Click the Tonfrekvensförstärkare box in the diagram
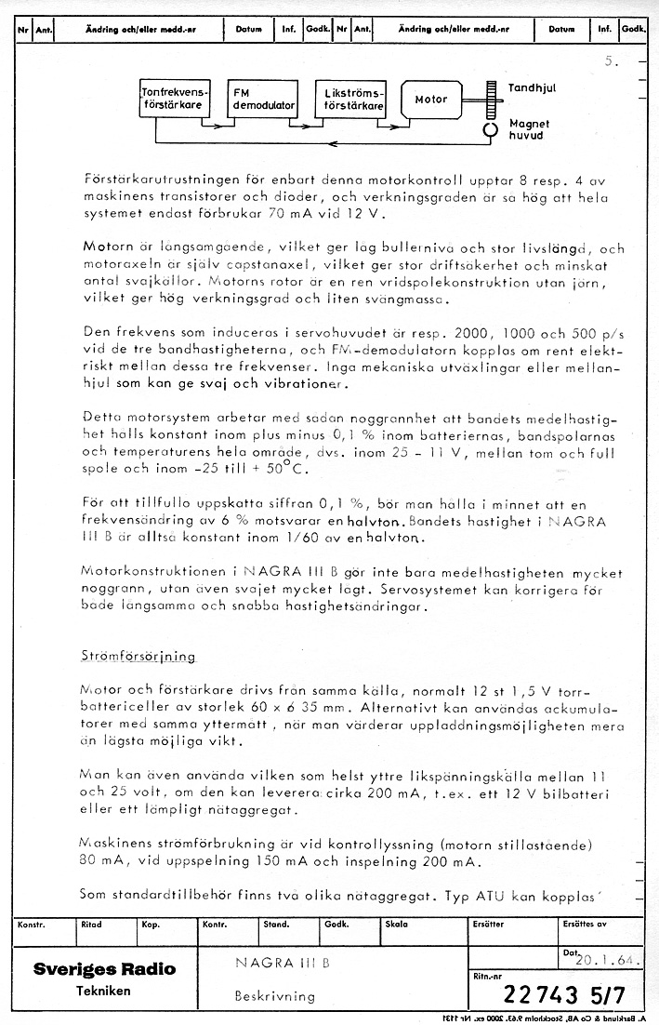(174, 100)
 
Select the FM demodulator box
(263, 100)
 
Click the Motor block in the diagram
(432, 100)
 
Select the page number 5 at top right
(609, 62)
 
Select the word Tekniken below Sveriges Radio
(103, 991)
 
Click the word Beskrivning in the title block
(275, 995)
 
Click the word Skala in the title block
(397, 925)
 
